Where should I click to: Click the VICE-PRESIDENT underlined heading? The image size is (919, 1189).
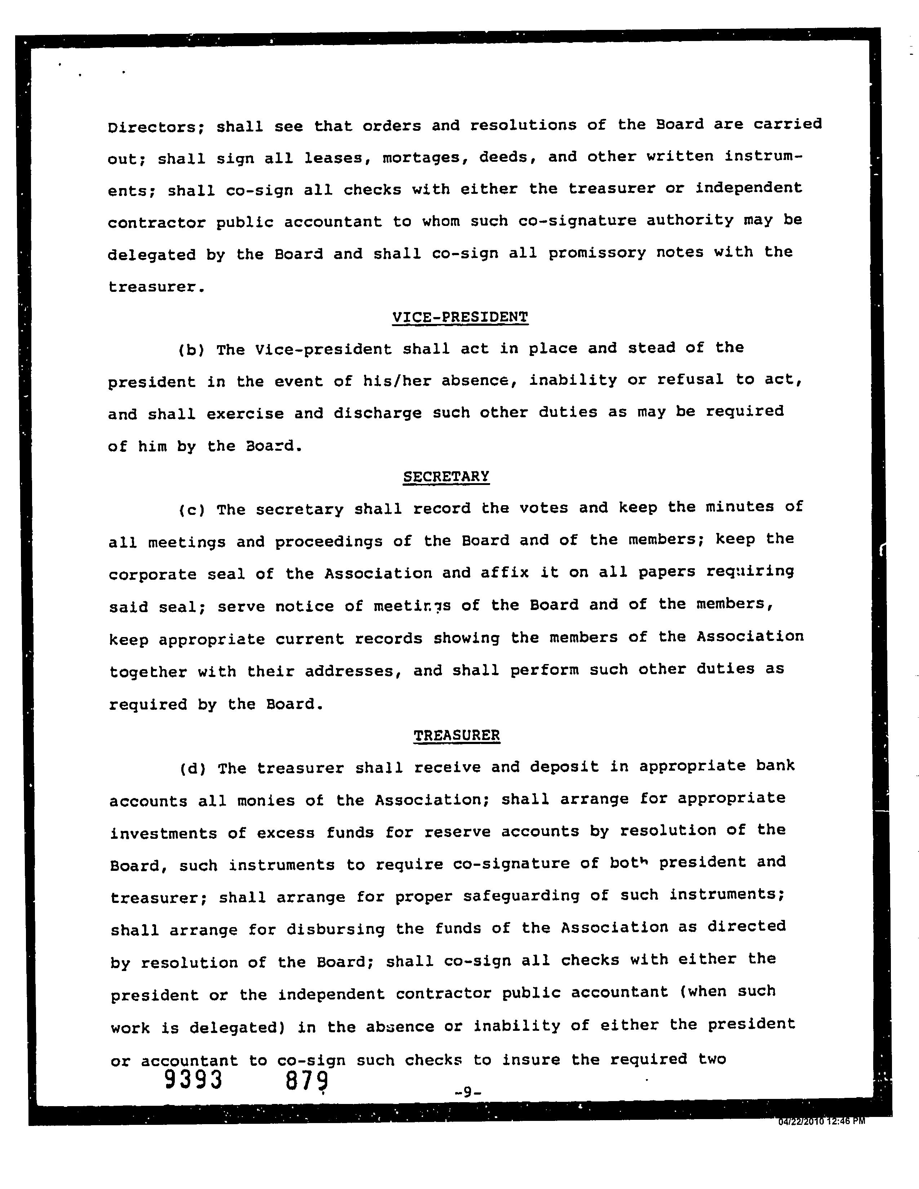(460, 317)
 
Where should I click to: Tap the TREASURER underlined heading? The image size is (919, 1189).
(456, 735)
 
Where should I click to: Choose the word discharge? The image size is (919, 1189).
(377, 413)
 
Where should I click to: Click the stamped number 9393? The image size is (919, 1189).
(193, 1079)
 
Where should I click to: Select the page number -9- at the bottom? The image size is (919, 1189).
(467, 1092)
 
